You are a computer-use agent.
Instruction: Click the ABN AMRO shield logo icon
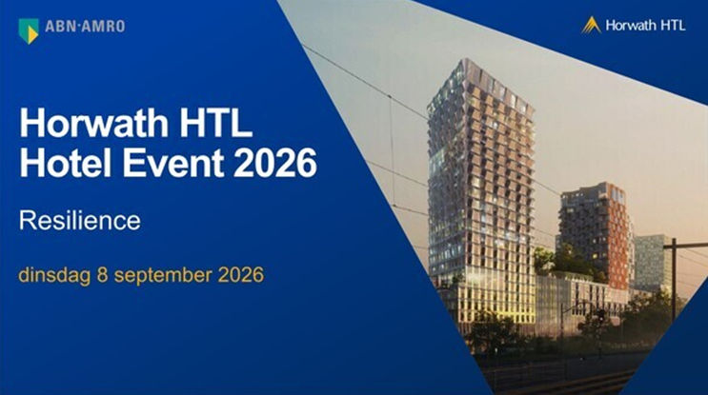29,31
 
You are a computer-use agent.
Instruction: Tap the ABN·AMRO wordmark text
85,26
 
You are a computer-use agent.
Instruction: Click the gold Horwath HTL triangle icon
591,26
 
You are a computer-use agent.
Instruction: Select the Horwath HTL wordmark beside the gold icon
645,26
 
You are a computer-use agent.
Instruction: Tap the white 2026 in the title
275,163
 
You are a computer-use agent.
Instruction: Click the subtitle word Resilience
80,221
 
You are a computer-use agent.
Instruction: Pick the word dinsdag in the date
54,275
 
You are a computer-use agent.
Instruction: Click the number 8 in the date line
103,275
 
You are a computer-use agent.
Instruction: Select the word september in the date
163,276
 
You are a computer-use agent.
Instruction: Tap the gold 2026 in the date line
241,275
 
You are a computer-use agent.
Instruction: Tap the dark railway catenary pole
674,280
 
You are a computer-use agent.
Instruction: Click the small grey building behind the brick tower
653,263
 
